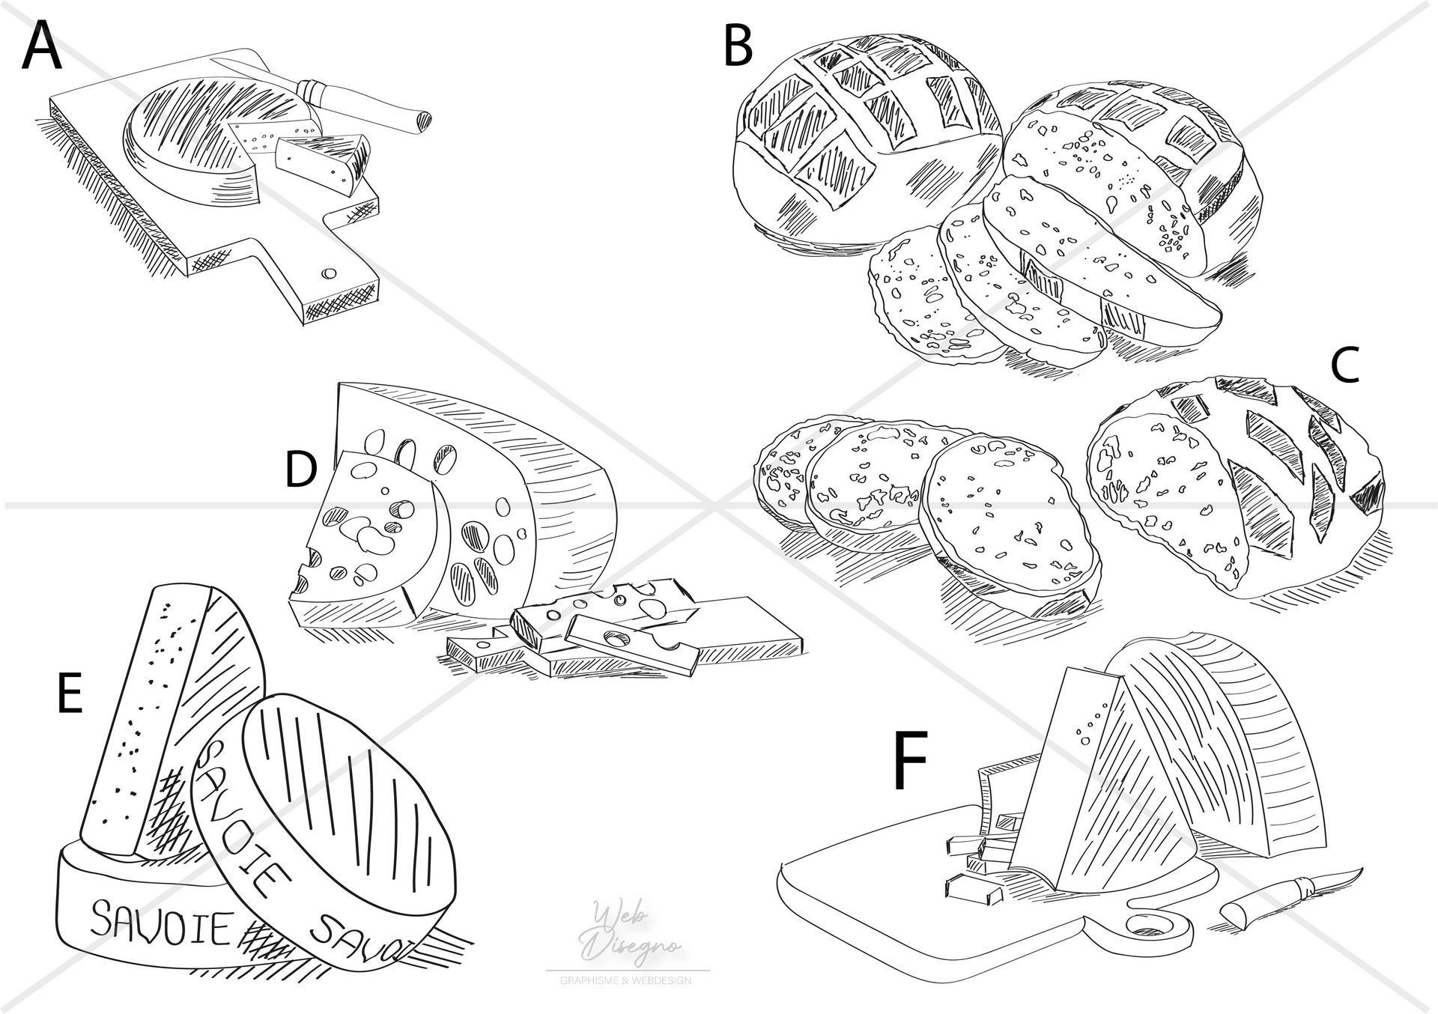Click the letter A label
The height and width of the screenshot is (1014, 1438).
point(42,46)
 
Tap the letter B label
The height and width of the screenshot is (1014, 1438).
point(738,46)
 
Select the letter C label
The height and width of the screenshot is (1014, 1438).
point(1344,367)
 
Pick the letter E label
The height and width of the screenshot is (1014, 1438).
point(69,696)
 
